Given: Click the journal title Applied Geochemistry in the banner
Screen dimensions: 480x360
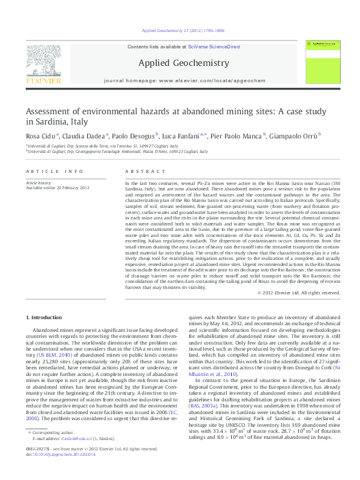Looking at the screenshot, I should tap(175, 63).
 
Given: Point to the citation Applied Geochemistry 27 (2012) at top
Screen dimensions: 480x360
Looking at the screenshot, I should tap(174, 30).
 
